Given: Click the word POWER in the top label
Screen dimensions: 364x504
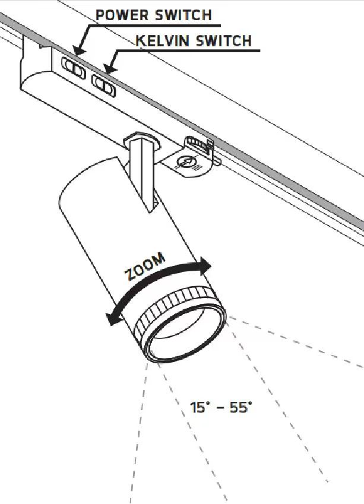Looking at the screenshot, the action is coord(122,15).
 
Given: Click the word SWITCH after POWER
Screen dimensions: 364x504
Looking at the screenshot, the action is coord(183,15).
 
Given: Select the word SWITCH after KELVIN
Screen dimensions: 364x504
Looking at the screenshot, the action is coord(224,41).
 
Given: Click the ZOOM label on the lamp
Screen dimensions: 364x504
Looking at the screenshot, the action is coord(145,267).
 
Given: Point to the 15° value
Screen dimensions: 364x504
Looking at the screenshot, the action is coord(200,407).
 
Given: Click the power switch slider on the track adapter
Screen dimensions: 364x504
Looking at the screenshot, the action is coord(74,68).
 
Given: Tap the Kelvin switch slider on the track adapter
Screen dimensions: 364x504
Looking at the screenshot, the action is coord(104,85).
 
